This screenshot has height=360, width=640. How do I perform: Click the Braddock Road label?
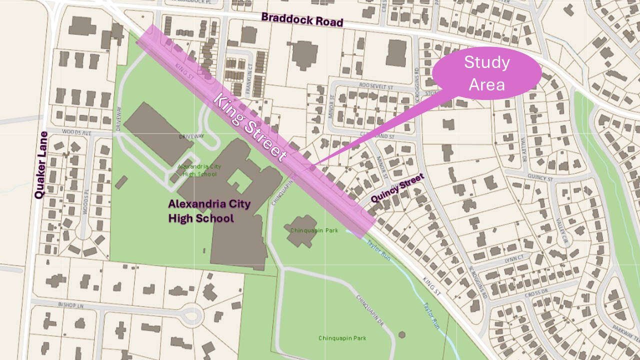tap(302, 19)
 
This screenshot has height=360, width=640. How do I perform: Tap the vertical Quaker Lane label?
tap(40, 165)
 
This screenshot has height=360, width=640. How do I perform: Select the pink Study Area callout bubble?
tap(486, 73)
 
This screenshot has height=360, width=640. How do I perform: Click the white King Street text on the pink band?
tap(250, 127)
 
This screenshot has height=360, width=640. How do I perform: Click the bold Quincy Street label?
tap(397, 188)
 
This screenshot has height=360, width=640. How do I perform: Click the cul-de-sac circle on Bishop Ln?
tap(191, 315)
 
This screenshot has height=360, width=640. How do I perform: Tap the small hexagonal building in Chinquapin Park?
tap(401, 334)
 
